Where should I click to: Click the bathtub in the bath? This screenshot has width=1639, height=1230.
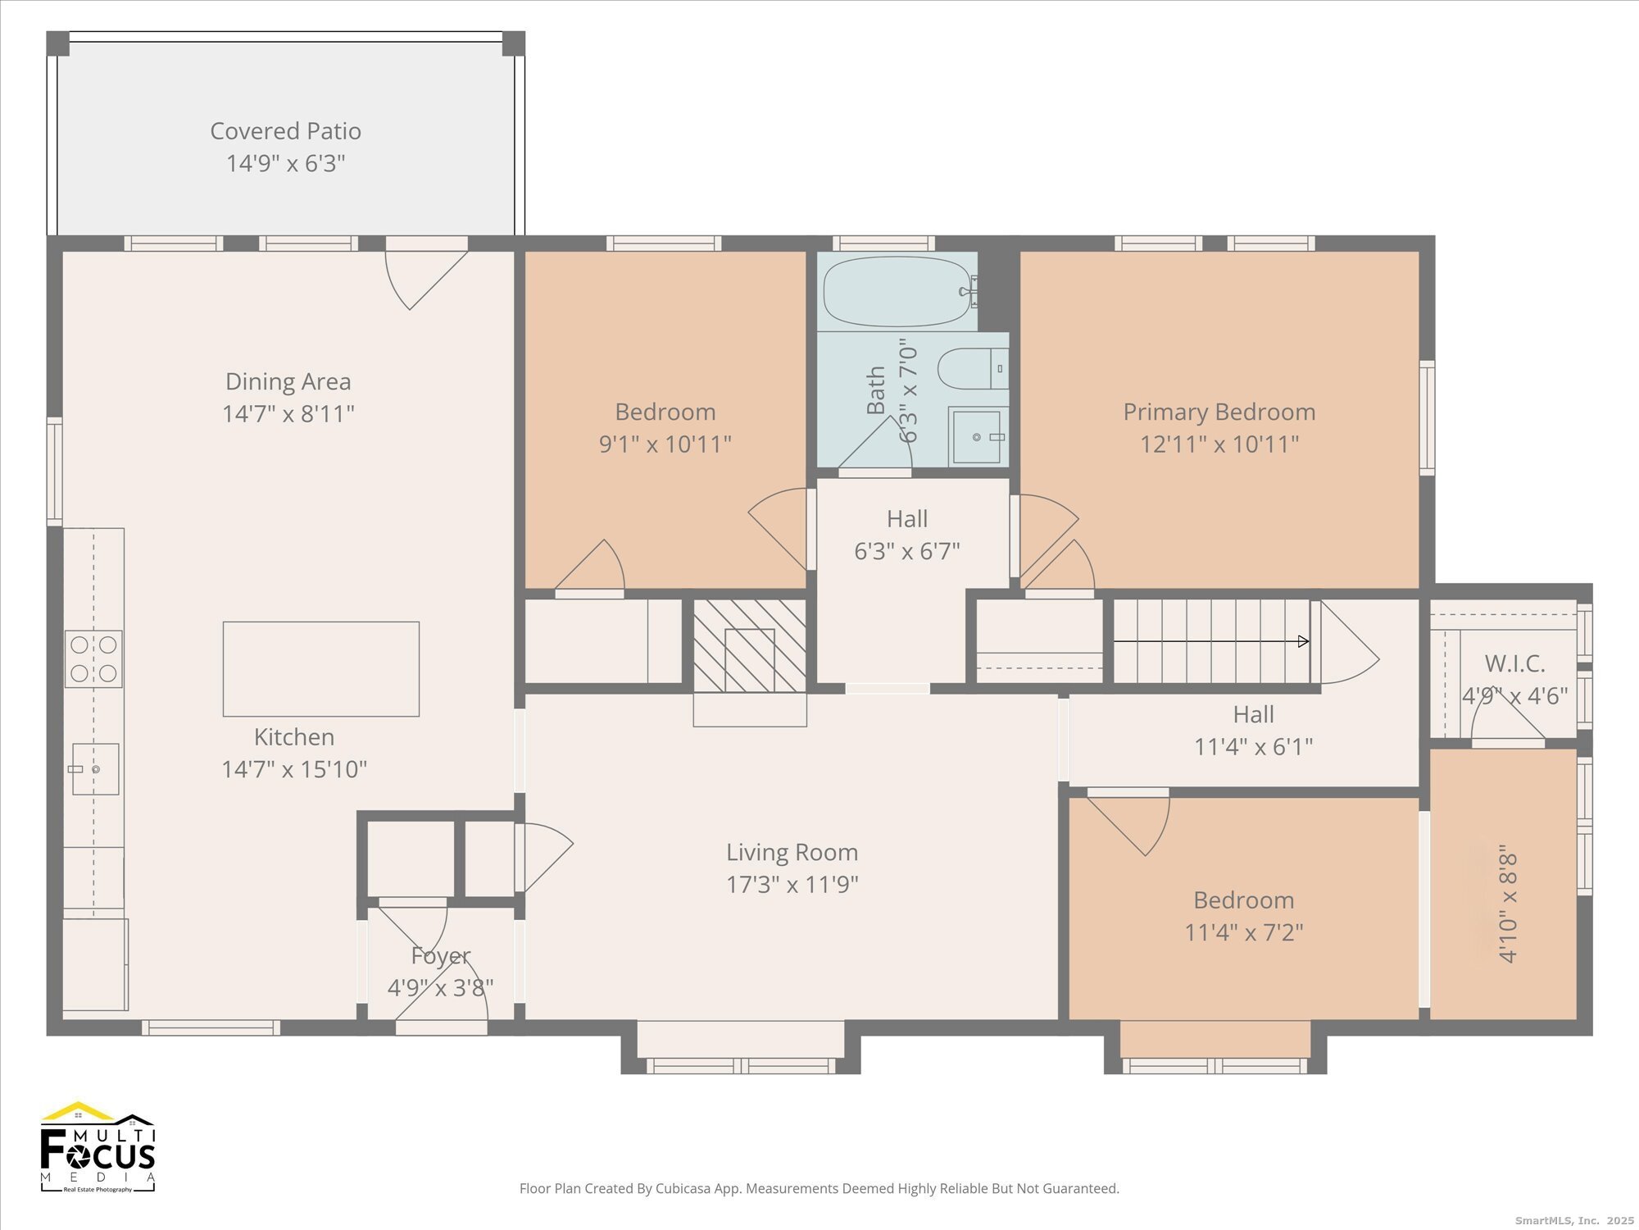tap(900, 292)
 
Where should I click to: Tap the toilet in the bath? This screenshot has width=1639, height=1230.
tap(973, 369)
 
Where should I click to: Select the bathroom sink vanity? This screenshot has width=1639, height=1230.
tap(978, 436)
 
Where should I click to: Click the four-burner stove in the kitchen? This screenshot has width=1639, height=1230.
tap(94, 658)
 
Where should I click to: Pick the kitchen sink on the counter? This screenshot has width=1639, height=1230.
tap(95, 769)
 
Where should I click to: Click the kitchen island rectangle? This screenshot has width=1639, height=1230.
tap(321, 668)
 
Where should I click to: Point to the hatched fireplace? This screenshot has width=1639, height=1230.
tap(750, 645)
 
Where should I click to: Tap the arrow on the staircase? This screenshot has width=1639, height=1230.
tap(1211, 641)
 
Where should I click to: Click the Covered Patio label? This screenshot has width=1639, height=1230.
tap(285, 131)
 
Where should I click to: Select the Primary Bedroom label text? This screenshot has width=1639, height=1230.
tap(1219, 412)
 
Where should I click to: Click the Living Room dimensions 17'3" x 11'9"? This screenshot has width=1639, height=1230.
tap(792, 885)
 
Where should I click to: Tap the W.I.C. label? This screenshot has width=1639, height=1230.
tap(1514, 663)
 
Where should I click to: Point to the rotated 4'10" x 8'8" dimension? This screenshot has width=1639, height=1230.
tap(1509, 908)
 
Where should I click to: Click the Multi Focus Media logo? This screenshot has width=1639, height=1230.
tap(98, 1146)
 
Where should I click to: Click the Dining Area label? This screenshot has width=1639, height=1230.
tap(288, 381)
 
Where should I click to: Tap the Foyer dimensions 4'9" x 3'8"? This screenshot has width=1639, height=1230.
tap(440, 988)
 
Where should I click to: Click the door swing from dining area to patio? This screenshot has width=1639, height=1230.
tap(426, 280)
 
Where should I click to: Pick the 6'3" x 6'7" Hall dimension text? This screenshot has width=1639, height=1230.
tap(907, 551)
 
